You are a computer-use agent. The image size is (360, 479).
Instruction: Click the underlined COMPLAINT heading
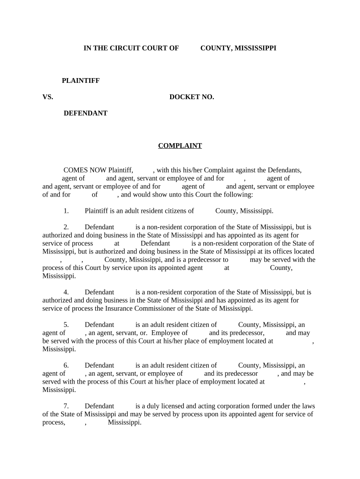(x=180, y=146)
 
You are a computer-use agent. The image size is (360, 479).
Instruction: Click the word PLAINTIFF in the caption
(x=81, y=80)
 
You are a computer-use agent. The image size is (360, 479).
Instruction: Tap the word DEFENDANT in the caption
(x=86, y=113)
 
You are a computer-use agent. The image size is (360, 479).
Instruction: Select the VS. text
(x=48, y=97)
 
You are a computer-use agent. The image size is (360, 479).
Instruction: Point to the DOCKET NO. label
(x=192, y=97)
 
